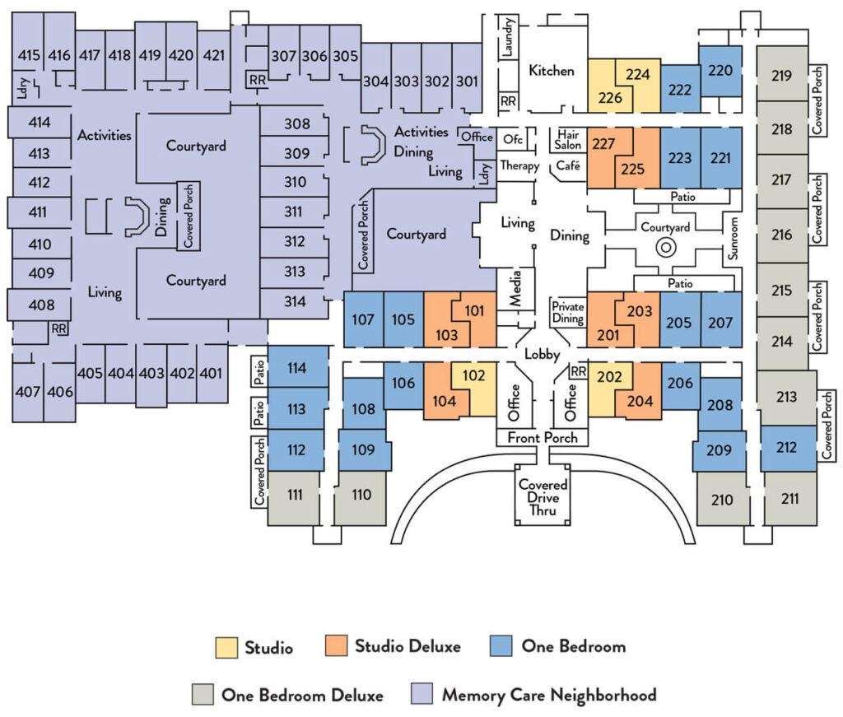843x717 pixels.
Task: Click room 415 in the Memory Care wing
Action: (29, 56)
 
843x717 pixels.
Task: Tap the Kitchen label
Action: (552, 70)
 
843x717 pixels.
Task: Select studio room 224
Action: (638, 74)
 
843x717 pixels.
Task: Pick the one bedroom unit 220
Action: (720, 71)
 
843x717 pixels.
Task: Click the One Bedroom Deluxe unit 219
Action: (782, 76)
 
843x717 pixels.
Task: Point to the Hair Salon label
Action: (569, 139)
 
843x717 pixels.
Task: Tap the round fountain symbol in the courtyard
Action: (665, 246)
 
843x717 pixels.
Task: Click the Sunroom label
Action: (731, 239)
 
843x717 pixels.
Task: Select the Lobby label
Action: (543, 355)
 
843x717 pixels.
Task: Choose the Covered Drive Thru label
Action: (543, 497)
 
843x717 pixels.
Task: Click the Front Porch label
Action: (543, 437)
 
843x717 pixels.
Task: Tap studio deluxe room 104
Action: (444, 400)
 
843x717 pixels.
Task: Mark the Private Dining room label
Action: (568, 312)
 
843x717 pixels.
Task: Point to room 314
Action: (295, 302)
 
